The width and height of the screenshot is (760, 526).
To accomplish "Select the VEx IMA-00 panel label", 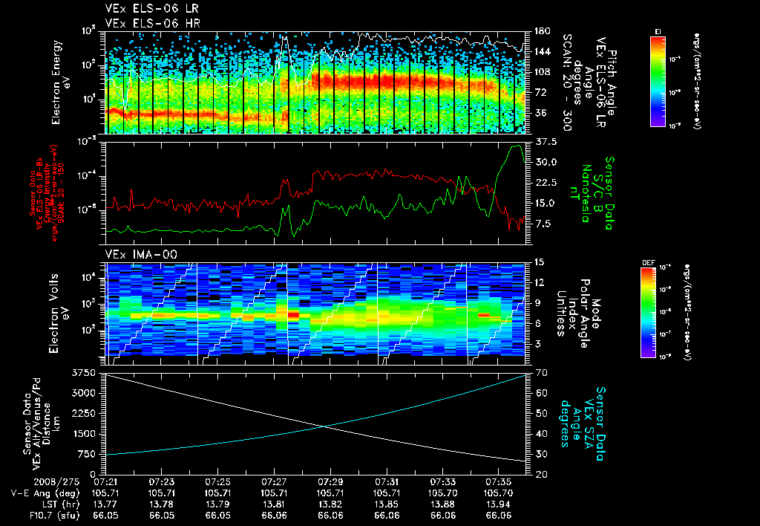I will (x=131, y=254).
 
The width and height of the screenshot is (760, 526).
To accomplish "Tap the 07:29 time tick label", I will (x=331, y=481).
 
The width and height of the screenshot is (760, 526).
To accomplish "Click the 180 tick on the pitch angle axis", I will (x=540, y=31).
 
